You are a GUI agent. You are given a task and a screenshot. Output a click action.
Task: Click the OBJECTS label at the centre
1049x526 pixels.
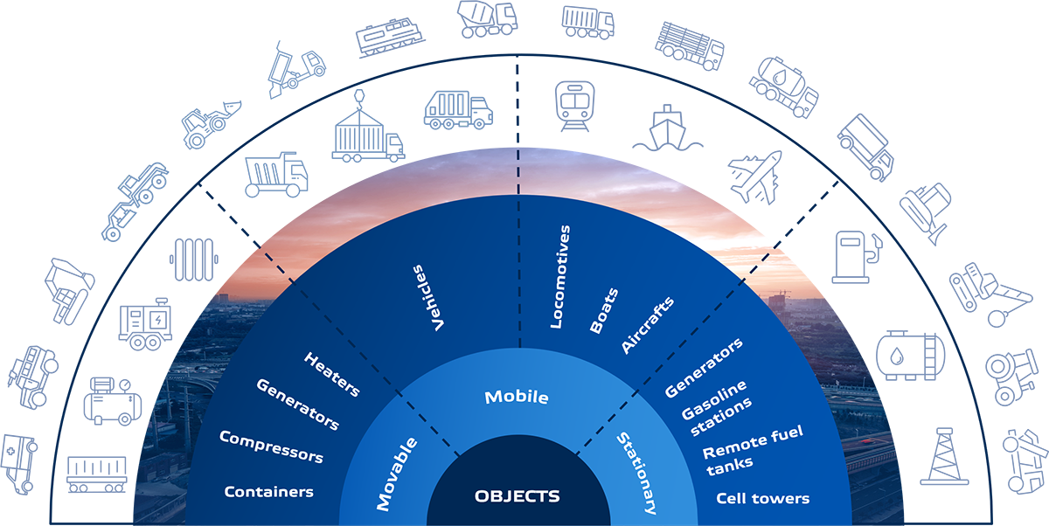coord(517,496)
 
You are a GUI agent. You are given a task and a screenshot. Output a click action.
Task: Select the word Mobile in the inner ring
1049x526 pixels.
coord(517,398)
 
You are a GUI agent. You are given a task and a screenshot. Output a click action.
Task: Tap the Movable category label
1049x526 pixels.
coord(397,474)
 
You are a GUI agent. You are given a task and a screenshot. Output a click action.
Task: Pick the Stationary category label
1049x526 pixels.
coord(636,472)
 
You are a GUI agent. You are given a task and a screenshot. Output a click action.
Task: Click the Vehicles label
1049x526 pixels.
coord(429,298)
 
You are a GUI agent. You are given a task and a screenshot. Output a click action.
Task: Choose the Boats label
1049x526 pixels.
coord(604,310)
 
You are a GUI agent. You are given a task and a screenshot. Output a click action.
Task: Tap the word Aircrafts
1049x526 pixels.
coord(648,326)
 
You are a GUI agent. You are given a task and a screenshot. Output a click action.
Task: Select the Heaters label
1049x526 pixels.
coord(331,374)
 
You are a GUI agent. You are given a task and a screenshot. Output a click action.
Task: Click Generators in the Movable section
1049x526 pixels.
coord(297,404)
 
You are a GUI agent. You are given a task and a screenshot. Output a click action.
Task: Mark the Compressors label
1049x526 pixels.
coord(271,446)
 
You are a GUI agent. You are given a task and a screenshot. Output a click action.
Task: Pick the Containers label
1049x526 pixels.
coord(268,492)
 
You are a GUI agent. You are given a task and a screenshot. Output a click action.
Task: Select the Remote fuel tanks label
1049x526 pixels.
coord(752,446)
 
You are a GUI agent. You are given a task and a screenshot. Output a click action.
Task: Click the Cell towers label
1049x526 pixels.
coord(762,499)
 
